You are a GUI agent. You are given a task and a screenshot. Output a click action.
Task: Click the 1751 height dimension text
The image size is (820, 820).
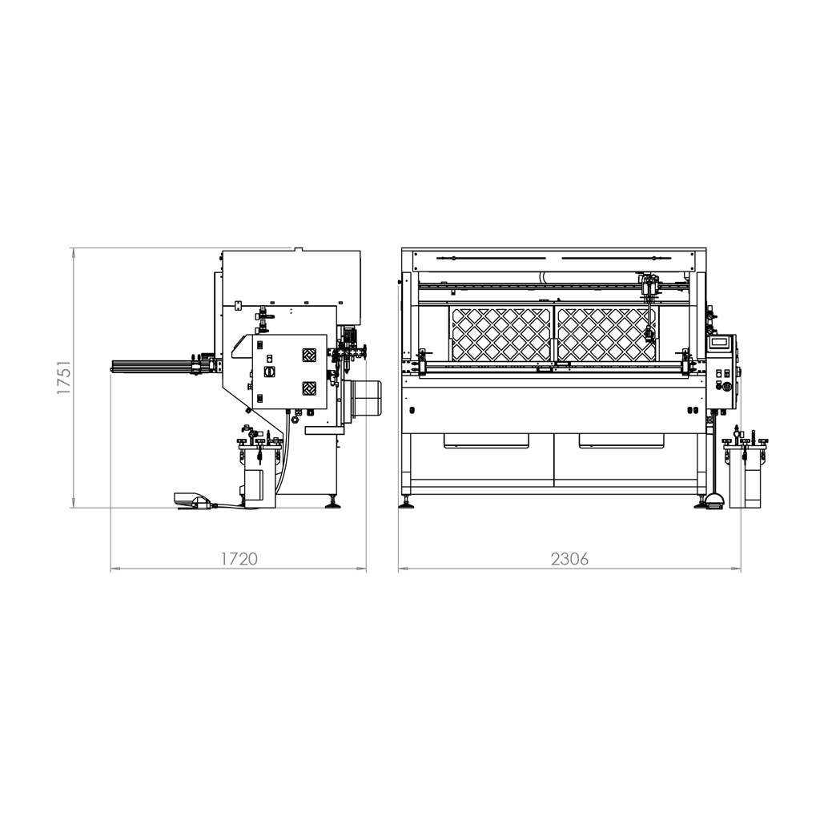pyautogui.click(x=63, y=376)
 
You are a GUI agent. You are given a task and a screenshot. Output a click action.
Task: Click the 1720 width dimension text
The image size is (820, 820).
pyautogui.click(x=239, y=558)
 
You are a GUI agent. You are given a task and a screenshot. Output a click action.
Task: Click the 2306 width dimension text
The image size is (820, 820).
pyautogui.click(x=569, y=558)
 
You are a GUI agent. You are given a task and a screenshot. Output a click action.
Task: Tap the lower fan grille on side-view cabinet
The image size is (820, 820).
pyautogui.click(x=310, y=389)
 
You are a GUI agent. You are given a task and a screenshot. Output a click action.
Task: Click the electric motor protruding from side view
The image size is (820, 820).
pyautogui.click(x=364, y=397)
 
